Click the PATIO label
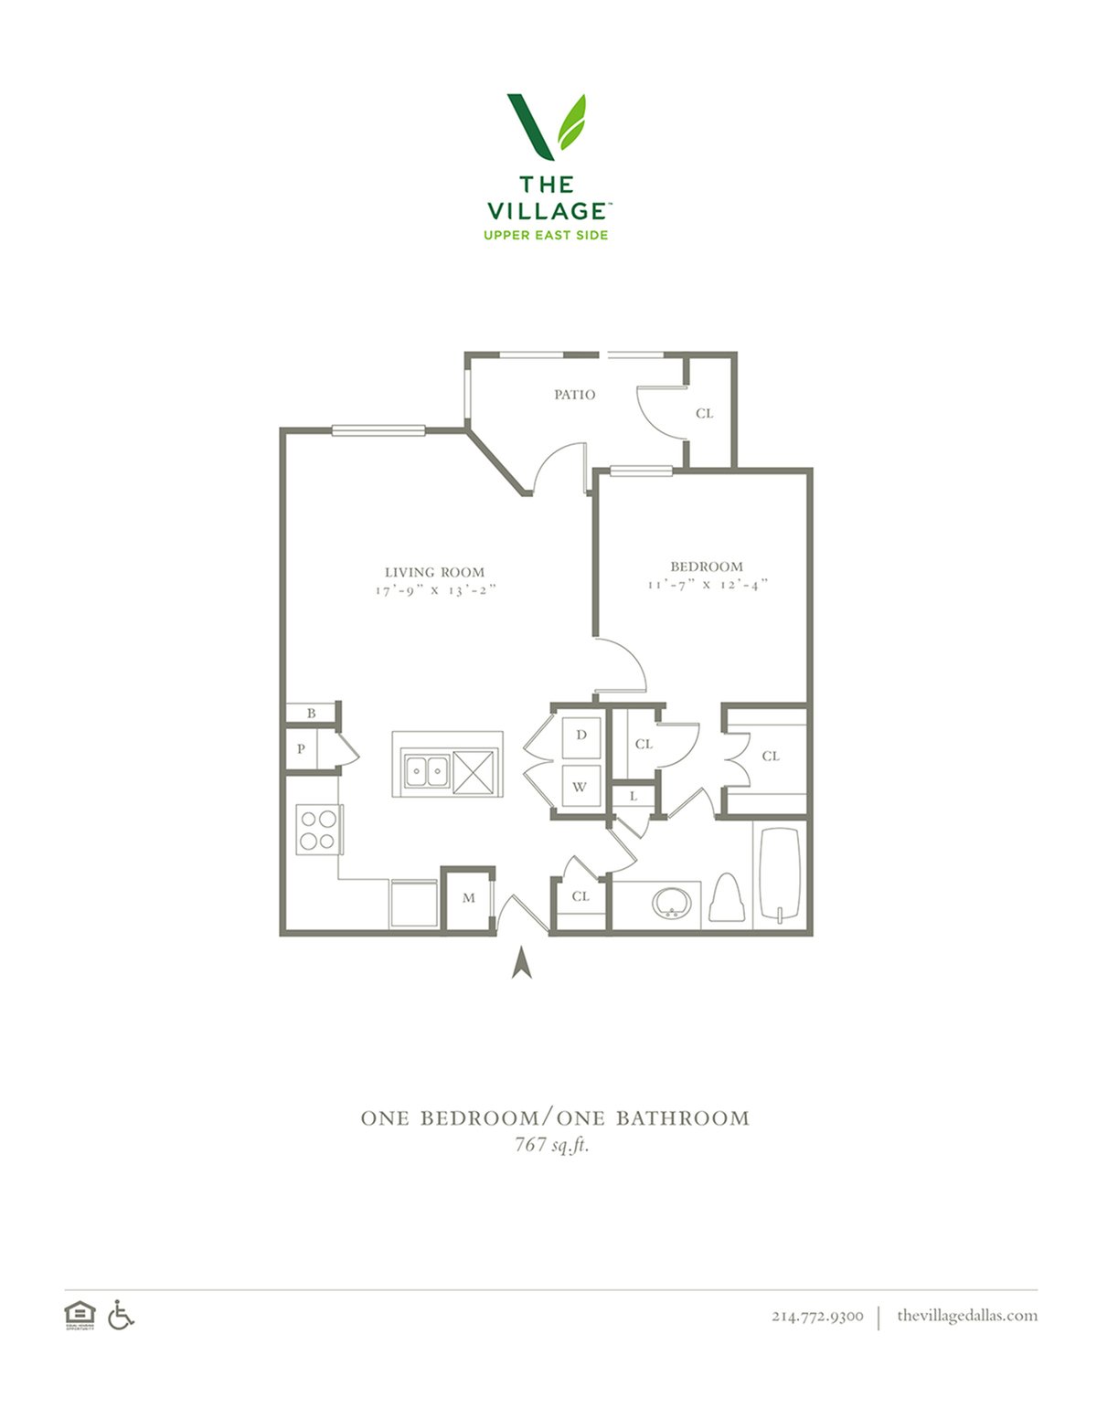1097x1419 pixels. point(574,395)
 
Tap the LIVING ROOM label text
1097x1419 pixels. point(434,572)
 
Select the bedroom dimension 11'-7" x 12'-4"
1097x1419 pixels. point(707,584)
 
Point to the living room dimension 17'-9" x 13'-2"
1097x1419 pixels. point(436,589)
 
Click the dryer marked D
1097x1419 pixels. point(581,737)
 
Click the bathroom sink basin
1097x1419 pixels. point(670,903)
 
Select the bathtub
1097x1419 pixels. point(780,875)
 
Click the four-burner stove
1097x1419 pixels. point(319,830)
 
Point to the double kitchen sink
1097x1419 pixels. point(427,771)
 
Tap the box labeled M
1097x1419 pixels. point(468,898)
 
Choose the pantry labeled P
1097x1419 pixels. point(301,749)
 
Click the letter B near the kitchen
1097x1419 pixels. point(312,714)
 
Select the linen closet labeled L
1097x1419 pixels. point(634,797)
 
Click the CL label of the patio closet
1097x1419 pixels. point(704,413)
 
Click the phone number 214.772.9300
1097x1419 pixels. point(817,1316)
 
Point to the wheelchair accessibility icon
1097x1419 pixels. point(121,1314)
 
